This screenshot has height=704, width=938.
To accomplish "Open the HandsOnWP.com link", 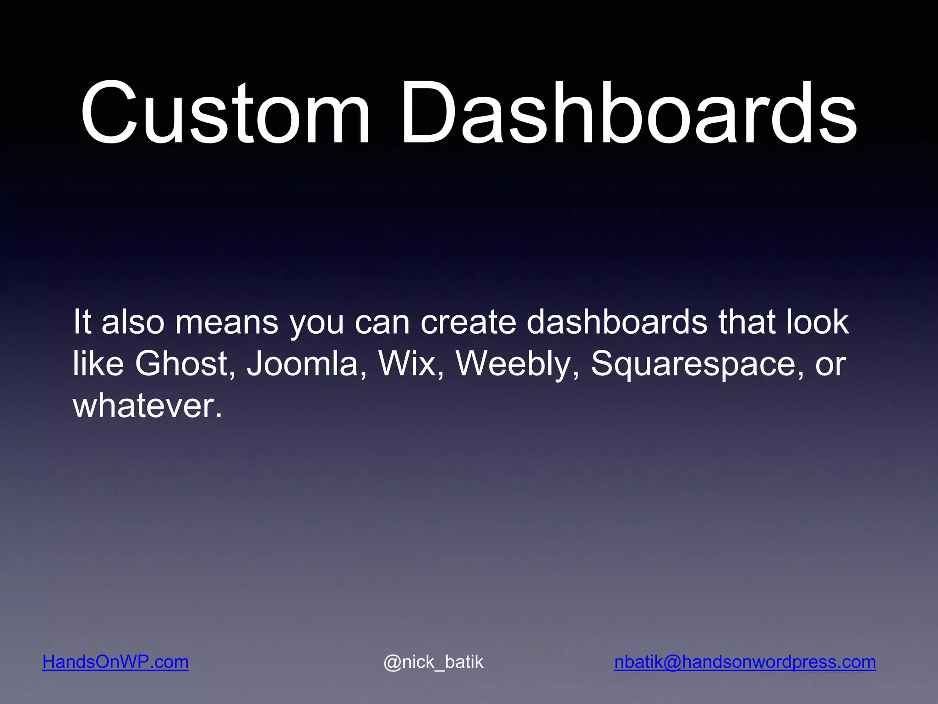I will tap(115, 662).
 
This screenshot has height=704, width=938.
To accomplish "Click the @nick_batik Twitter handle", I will tap(433, 662).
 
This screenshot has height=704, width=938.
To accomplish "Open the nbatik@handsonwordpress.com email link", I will tap(745, 662).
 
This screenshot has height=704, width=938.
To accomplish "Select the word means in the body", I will tap(227, 322).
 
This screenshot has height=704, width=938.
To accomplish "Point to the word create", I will tap(468, 322).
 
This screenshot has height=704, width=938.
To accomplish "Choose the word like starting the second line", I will tap(98, 364).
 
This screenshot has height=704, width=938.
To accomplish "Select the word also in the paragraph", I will tap(133, 322).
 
